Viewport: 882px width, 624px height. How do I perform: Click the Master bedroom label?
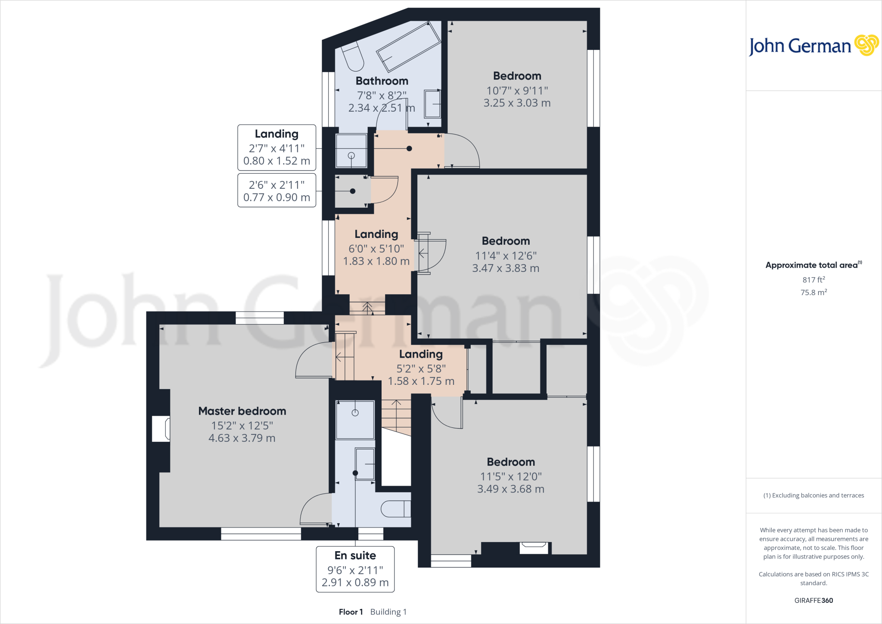[x=242, y=411]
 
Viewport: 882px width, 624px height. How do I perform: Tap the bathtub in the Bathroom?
[x=408, y=46]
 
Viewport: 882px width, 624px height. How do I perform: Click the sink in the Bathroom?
[x=432, y=104]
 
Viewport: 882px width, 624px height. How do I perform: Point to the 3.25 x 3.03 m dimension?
[x=517, y=103]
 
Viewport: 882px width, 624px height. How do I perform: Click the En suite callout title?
[x=355, y=555]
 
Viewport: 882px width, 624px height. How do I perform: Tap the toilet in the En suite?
[x=395, y=509]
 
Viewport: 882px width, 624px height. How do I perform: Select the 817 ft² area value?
[x=814, y=280]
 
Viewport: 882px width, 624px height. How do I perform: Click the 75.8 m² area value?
[x=814, y=292]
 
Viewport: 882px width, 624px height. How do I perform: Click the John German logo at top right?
[x=813, y=46]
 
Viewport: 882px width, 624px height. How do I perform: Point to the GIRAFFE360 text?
[x=814, y=600]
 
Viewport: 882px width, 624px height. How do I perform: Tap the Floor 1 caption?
[x=351, y=612]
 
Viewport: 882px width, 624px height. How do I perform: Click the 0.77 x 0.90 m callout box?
[x=276, y=191]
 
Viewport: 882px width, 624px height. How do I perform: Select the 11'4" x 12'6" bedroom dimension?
[x=506, y=256]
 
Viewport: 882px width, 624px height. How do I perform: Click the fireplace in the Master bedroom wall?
[x=161, y=429]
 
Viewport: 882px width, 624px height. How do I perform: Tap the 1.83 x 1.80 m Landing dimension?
[x=376, y=261]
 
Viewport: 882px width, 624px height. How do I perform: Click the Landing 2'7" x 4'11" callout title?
[x=276, y=134]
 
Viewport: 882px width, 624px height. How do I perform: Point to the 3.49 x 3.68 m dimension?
[x=511, y=489]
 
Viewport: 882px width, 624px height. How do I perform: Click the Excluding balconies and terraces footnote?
[x=814, y=496]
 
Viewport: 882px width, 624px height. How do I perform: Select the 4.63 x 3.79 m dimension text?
[x=242, y=438]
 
